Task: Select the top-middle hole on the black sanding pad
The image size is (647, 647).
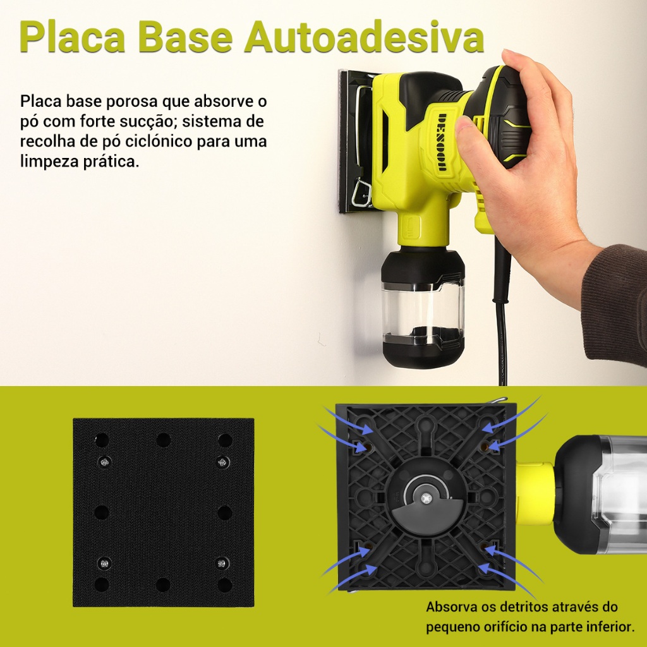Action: tap(163, 440)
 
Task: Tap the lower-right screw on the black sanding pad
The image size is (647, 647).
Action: tap(222, 563)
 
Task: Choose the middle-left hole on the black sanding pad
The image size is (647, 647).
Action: tap(102, 512)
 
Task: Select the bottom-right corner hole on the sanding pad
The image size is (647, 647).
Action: tap(224, 584)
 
